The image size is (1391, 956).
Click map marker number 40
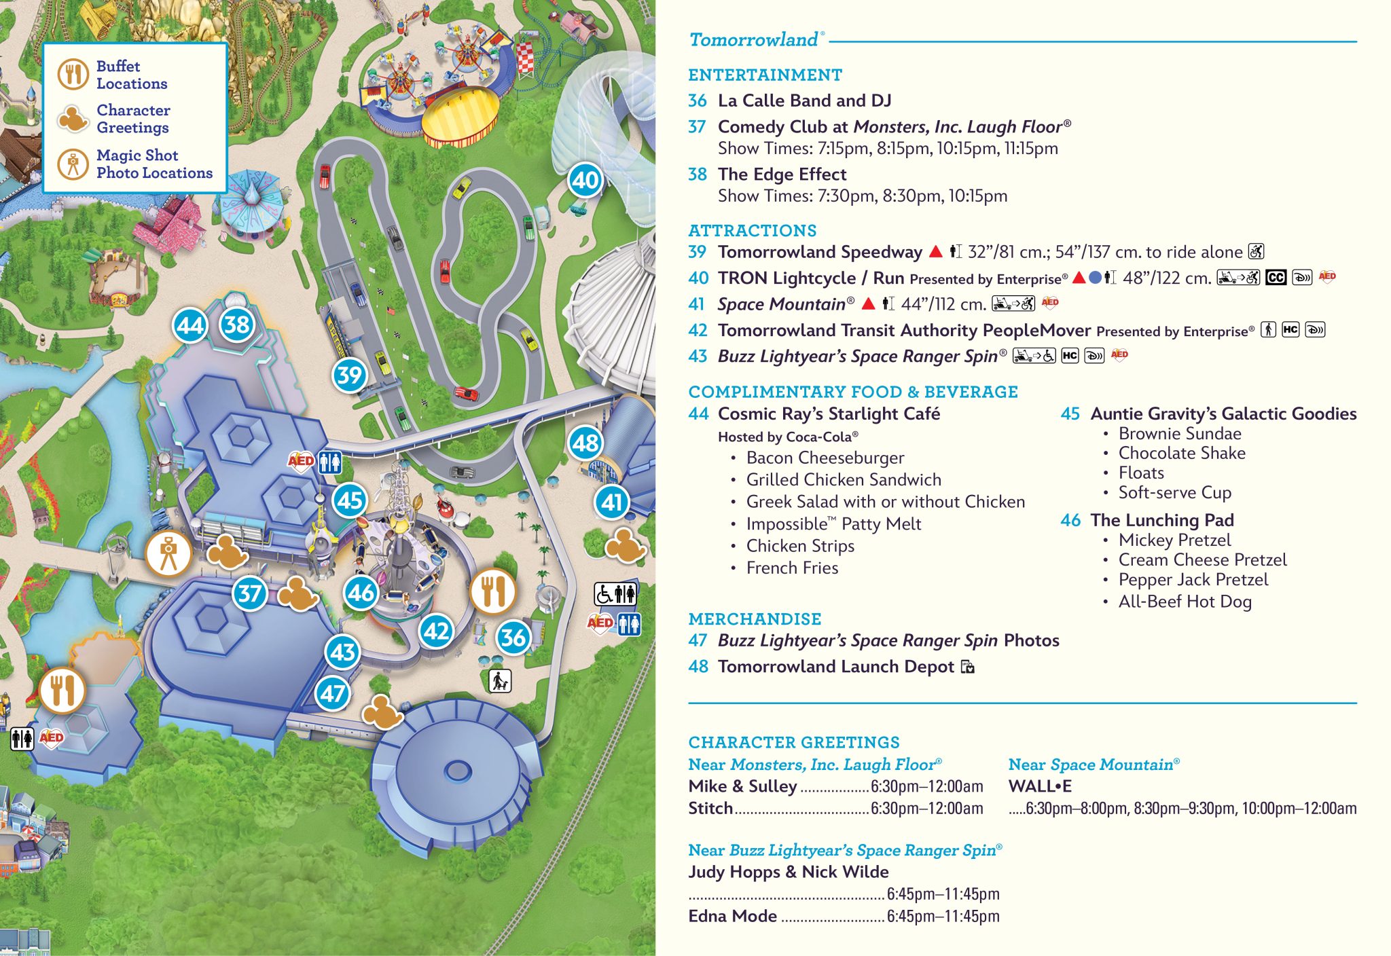click(585, 180)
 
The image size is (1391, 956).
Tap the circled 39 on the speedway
click(350, 375)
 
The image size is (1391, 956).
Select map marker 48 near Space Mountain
click(585, 443)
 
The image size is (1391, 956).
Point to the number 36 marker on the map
click(513, 637)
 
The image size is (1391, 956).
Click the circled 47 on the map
click(333, 693)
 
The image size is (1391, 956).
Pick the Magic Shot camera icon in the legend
click(73, 164)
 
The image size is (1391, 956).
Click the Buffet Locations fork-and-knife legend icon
click(73, 74)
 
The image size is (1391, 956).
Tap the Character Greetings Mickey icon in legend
click(73, 119)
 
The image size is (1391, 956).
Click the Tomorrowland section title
click(753, 40)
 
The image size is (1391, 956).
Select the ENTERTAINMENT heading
click(765, 75)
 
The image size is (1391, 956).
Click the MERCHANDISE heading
click(755, 619)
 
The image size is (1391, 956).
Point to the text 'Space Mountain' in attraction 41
click(781, 304)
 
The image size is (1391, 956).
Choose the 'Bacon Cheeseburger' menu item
click(825, 458)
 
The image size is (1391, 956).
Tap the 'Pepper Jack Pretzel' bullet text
click(1193, 580)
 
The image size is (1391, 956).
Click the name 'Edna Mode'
click(732, 916)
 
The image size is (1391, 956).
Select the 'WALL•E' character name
click(1040, 786)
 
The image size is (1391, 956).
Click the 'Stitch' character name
click(710, 808)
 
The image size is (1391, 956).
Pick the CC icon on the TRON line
click(1276, 277)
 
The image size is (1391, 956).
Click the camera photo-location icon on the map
click(168, 555)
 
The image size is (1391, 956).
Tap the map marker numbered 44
click(190, 325)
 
